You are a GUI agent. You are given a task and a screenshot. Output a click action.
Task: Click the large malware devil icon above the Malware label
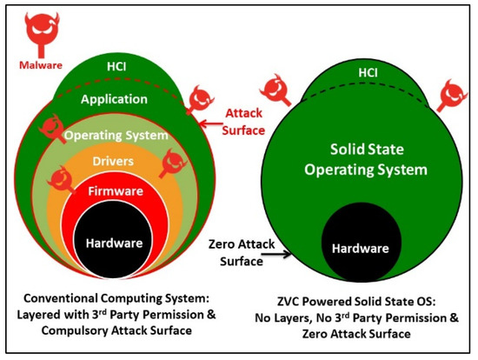point(42,34)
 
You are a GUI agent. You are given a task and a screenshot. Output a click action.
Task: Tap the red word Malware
point(41,65)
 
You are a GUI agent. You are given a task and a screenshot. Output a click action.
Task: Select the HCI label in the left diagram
point(116,67)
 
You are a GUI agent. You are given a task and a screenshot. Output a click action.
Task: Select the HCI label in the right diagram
point(368,73)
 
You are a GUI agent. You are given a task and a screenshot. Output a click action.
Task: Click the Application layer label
point(115,99)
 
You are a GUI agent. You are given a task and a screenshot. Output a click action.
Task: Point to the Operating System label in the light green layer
point(116,135)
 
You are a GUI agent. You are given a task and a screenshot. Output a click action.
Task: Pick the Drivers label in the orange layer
point(113,161)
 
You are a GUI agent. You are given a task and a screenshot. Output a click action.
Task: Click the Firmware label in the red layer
point(116,191)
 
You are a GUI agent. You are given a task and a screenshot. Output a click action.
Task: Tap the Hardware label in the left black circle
point(115,243)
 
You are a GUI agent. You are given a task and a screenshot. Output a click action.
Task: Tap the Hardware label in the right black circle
point(361,249)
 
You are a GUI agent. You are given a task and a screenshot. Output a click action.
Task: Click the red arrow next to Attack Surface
point(211,123)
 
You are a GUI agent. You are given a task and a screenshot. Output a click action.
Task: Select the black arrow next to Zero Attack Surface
point(276,254)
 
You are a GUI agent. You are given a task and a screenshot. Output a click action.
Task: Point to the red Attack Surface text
point(243,122)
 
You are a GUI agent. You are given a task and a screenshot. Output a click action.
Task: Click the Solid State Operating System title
point(366,159)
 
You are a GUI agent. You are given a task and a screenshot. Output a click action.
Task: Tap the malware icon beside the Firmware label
point(62,179)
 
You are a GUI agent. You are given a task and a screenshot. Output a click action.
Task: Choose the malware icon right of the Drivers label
point(173,163)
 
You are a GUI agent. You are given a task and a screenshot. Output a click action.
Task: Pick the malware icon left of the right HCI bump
point(276,90)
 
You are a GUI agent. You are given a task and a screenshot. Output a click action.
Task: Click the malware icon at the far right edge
point(451,96)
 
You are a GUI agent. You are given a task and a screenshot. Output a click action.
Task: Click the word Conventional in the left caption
point(60,298)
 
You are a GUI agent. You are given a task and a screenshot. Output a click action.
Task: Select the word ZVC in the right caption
point(287,302)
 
